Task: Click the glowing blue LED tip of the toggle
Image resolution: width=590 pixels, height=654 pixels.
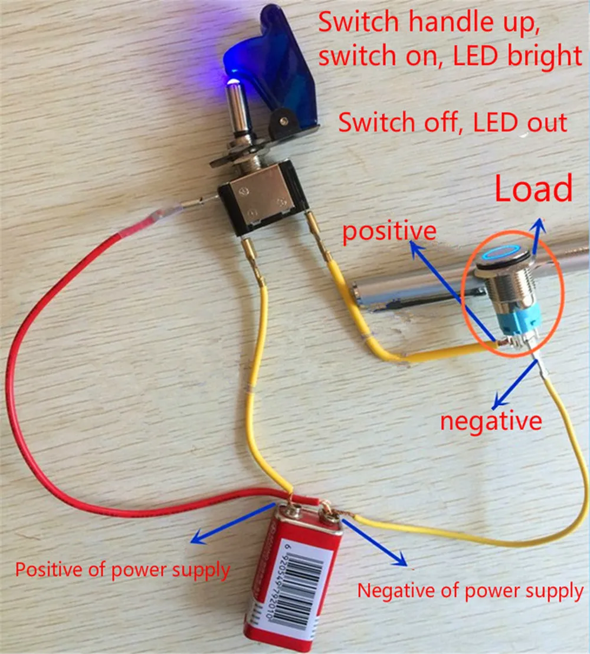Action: tap(232, 81)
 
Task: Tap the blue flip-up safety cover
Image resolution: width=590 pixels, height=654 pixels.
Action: tap(276, 71)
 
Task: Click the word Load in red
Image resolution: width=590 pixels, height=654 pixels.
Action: tap(533, 189)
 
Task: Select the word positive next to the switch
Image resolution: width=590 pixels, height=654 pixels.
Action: tap(389, 231)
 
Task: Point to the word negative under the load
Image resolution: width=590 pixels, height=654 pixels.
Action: tap(491, 421)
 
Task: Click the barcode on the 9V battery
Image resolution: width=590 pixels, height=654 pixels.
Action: tap(299, 584)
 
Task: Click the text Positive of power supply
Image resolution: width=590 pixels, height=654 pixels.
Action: tap(122, 570)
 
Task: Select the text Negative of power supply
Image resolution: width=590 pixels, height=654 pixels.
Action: tap(470, 591)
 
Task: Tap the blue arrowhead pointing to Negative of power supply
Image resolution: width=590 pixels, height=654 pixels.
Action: tap(401, 559)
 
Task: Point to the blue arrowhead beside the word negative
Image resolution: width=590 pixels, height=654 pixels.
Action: tap(498, 403)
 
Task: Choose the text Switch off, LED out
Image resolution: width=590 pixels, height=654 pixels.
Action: tap(453, 123)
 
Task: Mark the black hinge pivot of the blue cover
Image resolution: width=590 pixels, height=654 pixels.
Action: tap(284, 121)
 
